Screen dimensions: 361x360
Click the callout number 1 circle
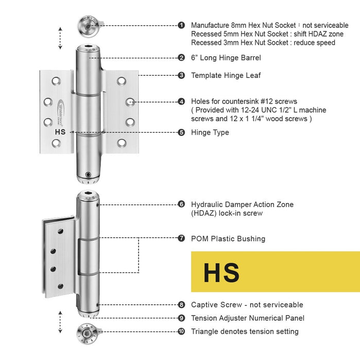(181, 25)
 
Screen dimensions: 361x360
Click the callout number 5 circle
(181, 132)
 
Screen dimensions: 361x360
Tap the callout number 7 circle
(181, 238)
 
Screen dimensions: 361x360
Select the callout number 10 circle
(181, 332)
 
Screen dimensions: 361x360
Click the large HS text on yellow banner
(221, 272)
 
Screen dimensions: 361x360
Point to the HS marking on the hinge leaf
(60, 132)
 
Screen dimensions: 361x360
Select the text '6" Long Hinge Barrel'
(226, 58)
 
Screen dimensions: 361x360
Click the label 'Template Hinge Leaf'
(226, 75)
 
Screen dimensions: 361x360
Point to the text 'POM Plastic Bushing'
(228, 239)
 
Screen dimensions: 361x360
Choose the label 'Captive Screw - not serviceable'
(247, 305)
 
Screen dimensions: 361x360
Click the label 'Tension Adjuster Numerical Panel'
(247, 318)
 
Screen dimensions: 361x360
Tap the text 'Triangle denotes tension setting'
(245, 332)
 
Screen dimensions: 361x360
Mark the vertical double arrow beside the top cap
(60, 38)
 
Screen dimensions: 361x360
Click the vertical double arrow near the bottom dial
(60, 322)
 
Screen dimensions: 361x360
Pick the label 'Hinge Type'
(210, 133)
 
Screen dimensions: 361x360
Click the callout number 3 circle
(181, 75)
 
